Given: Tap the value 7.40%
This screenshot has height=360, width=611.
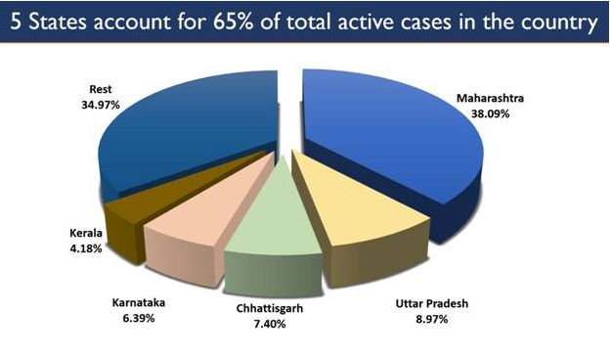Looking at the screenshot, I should coord(268,322).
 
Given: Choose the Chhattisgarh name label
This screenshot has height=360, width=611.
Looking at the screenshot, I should coord(268,307).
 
